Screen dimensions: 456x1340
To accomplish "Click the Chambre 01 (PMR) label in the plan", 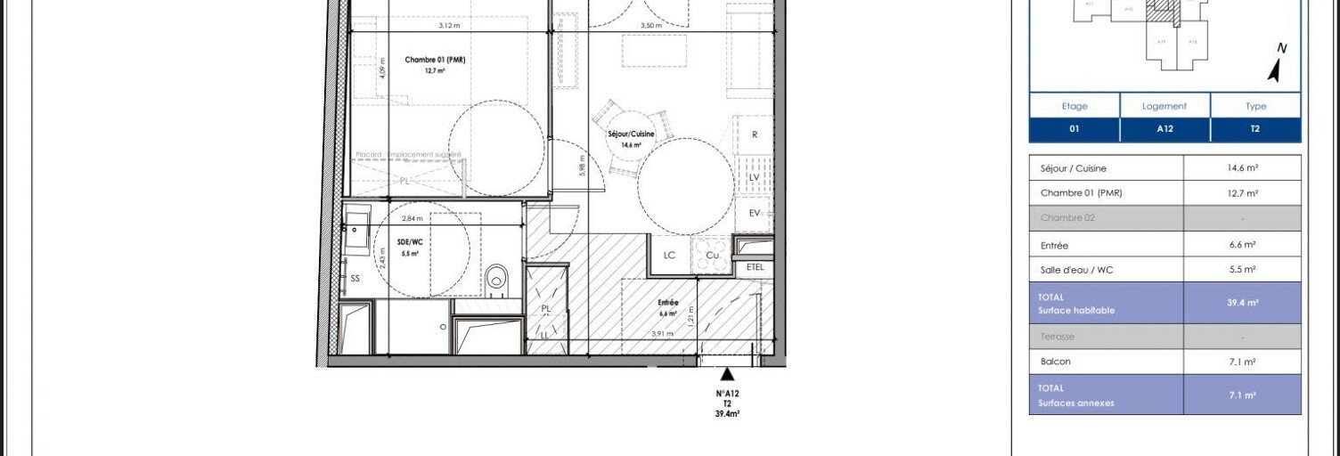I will [435, 61].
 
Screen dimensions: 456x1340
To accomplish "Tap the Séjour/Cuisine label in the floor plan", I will [631, 134].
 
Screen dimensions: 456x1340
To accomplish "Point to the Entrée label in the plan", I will [668, 303].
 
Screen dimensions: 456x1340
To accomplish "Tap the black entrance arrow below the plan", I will [728, 374].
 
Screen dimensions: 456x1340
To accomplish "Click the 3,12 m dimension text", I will [449, 26].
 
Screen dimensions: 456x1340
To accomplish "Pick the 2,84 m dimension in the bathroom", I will [412, 218].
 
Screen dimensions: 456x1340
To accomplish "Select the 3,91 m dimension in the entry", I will [662, 334].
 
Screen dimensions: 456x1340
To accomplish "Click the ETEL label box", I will [755, 267].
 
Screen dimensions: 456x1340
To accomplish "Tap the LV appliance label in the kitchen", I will [754, 178].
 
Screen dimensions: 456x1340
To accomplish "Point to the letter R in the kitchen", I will [755, 135].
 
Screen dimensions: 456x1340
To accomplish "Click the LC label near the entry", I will [670, 256].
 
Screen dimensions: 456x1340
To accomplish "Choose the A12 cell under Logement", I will [1164, 129].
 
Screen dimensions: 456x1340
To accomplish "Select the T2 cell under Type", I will [1255, 129].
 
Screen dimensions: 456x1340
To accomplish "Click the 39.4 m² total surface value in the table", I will [1242, 303].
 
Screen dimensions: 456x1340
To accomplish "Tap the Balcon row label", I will [1056, 362].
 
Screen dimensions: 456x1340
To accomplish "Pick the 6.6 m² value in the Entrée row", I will [1242, 245].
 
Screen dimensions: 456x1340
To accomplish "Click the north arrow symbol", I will [1277, 65].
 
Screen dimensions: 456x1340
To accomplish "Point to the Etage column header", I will [1074, 106].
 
